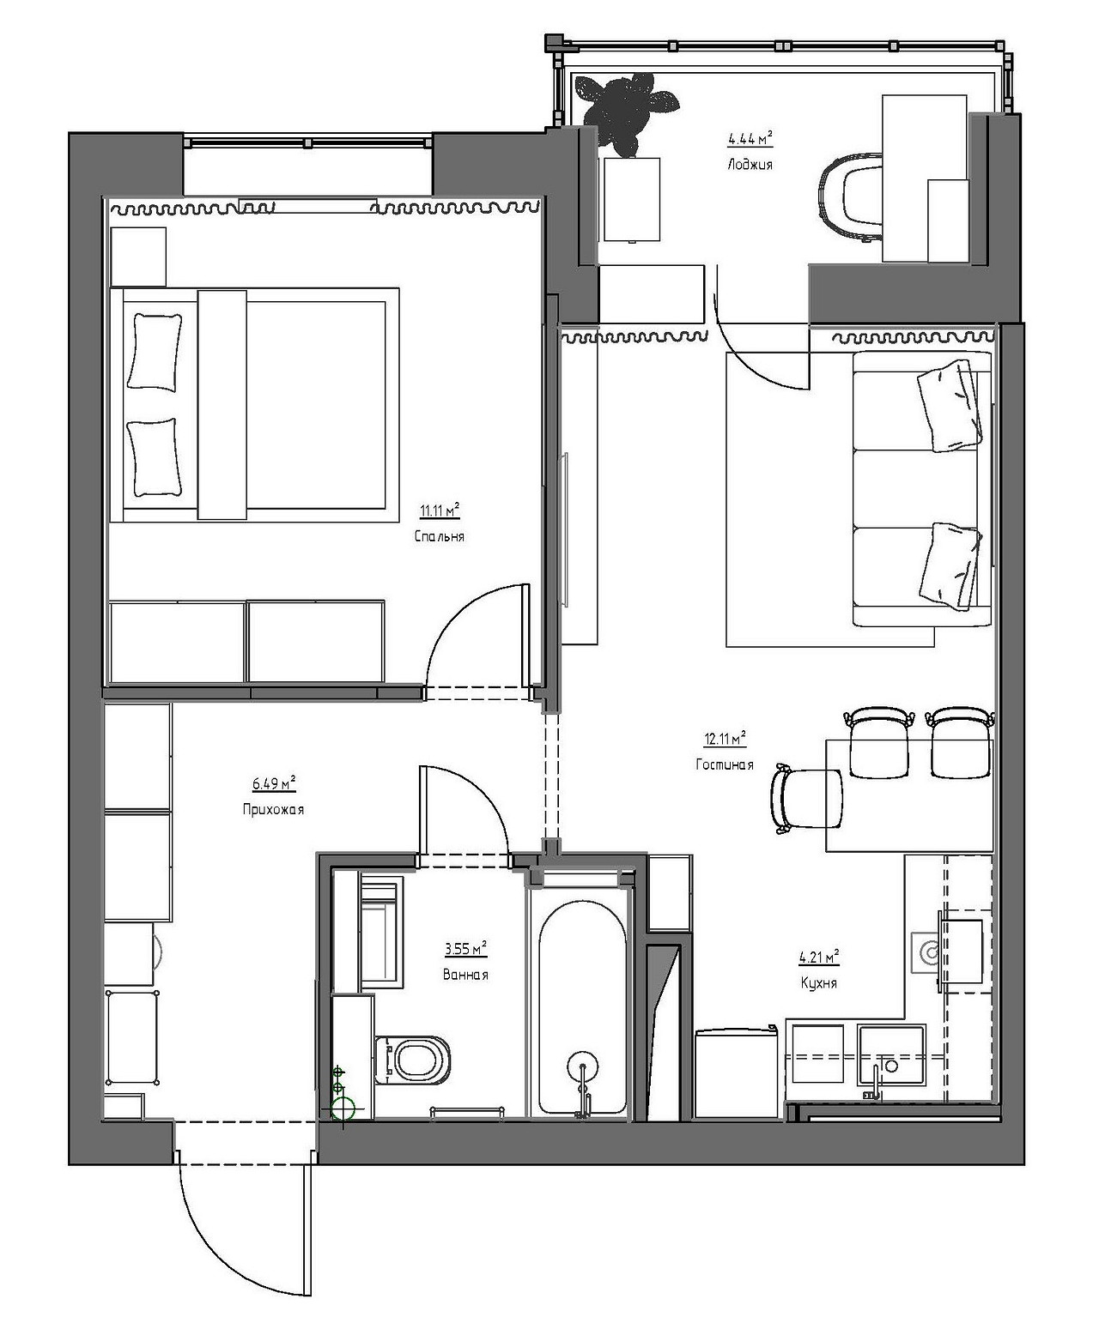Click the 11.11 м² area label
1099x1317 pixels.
[440, 510]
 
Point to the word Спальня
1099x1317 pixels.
[440, 537]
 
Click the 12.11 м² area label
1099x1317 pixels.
[726, 738]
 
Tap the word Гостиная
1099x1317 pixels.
[725, 764]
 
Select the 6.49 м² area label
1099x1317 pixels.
[274, 784]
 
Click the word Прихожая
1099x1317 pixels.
[273, 809]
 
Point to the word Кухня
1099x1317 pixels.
[819, 982]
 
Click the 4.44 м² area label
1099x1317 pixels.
[750, 138]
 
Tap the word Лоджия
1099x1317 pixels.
[750, 165]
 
